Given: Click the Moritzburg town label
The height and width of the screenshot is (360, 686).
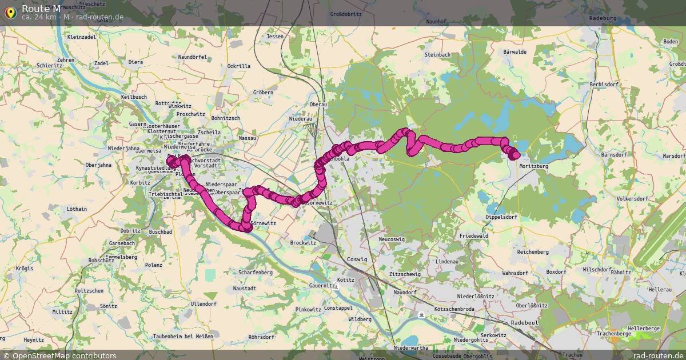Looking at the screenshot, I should tap(534, 166).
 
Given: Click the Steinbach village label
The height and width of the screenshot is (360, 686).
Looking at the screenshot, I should tap(437, 54).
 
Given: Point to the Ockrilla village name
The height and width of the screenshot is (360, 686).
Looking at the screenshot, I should tap(238, 66).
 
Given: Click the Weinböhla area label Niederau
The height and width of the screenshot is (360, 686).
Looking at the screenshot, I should tap(301, 119).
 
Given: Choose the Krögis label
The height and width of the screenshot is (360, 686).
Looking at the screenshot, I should tap(25, 268).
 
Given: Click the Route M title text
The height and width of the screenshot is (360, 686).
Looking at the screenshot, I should tap(41, 8).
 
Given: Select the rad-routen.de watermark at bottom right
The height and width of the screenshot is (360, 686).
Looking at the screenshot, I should tap(658, 355).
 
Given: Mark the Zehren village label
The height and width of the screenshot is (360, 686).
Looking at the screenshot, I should tap(66, 60).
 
